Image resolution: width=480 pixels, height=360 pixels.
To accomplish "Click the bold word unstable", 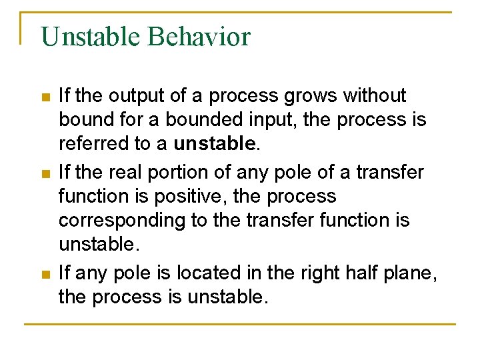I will click(214, 143).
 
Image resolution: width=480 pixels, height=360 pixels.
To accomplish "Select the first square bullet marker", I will click(45, 97).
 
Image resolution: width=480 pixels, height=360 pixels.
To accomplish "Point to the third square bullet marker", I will click(45, 274).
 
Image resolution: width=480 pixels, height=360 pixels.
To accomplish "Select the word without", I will click(374, 96).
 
